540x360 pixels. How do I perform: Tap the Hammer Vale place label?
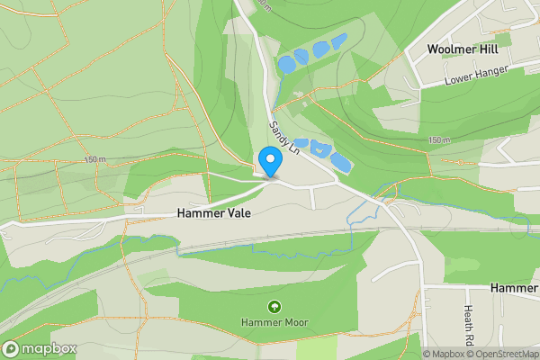(x=213, y=214)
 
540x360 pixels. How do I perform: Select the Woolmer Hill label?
(x=462, y=48)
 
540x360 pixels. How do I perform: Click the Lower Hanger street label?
(x=476, y=76)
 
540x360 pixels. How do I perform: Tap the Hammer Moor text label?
(x=274, y=321)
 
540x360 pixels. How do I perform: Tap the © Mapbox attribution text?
(x=444, y=354)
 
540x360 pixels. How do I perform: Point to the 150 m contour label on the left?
(x=94, y=159)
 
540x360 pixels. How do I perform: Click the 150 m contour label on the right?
(x=439, y=139)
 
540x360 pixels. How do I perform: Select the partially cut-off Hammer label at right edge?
(x=515, y=287)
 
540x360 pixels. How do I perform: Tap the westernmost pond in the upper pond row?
(x=285, y=64)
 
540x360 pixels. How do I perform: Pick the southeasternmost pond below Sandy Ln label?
(x=340, y=162)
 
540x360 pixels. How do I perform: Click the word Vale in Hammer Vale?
(x=237, y=214)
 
